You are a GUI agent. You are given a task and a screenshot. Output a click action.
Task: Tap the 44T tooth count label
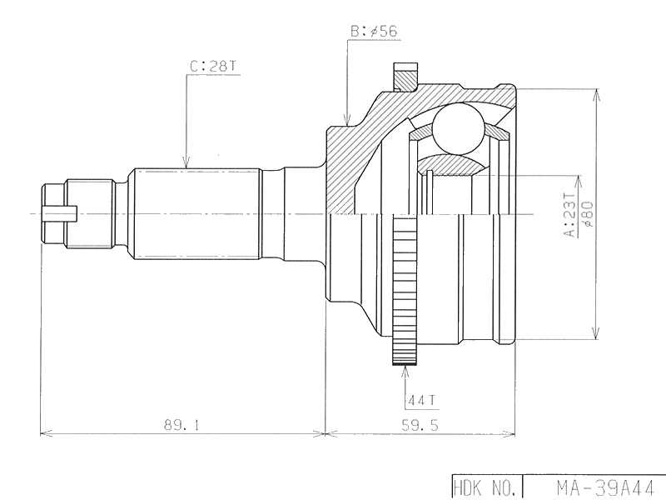421,401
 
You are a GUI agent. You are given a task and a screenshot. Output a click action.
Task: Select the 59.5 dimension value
420,425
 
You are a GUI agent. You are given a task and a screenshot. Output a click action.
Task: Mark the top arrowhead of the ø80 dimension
594,93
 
